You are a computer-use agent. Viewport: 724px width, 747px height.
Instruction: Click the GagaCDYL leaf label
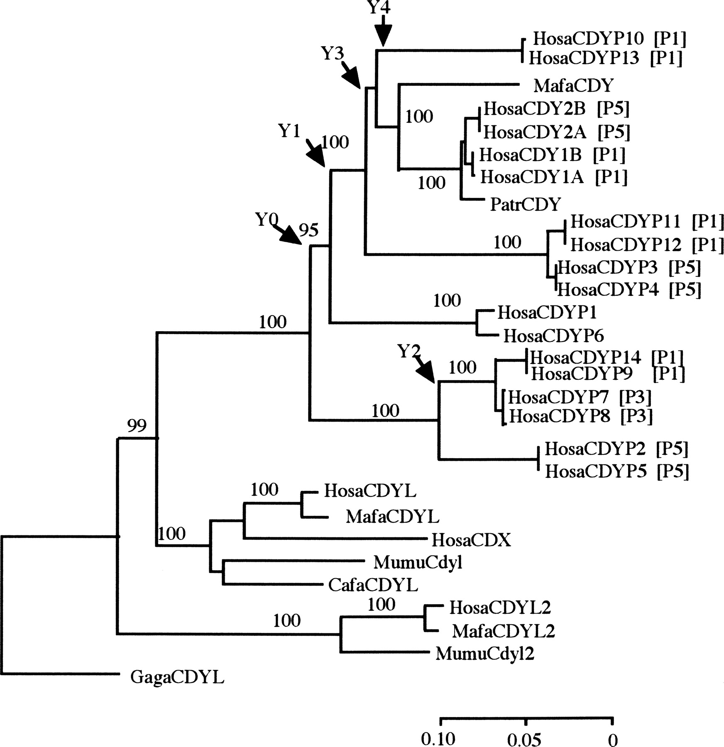point(177,678)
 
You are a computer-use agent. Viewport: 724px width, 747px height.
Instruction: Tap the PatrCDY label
point(526,204)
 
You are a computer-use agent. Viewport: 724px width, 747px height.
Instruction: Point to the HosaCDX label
point(471,540)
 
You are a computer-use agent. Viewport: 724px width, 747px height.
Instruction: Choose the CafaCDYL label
point(373,585)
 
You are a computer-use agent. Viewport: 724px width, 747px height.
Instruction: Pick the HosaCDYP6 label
point(553,335)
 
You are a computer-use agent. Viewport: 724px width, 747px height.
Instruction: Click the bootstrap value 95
point(309,229)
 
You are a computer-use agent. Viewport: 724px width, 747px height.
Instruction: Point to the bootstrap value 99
point(137,425)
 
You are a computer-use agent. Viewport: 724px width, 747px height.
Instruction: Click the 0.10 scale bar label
point(438,739)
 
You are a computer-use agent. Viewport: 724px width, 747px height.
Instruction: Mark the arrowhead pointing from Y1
point(318,158)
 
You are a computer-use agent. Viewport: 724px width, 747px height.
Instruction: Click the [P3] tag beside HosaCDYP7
point(635,398)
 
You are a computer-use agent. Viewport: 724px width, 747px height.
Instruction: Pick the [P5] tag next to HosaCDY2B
point(613,109)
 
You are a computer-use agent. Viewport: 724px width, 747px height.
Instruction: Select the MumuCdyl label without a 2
point(418,562)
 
